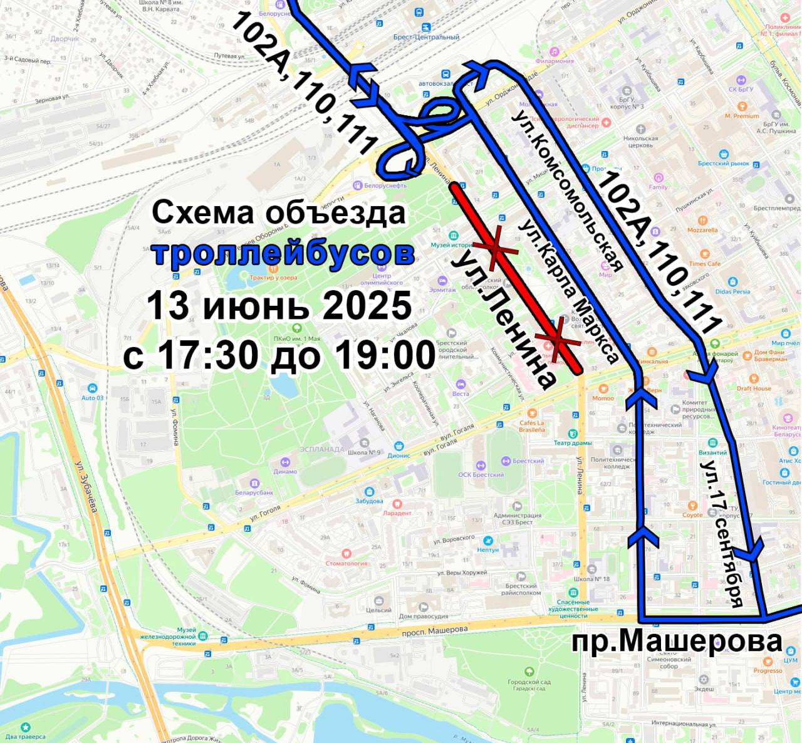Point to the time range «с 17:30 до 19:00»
pos(279,355)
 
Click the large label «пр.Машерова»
pos(677,641)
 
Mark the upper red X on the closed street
pos(495,249)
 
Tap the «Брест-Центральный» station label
pos(426,36)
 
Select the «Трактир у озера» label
pos(272,278)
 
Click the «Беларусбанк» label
pos(254,492)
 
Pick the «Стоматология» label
pos(346,563)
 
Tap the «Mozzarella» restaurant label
pos(702,230)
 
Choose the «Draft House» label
pos(754,388)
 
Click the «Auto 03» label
pos(93,397)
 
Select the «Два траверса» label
pos(25,736)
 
